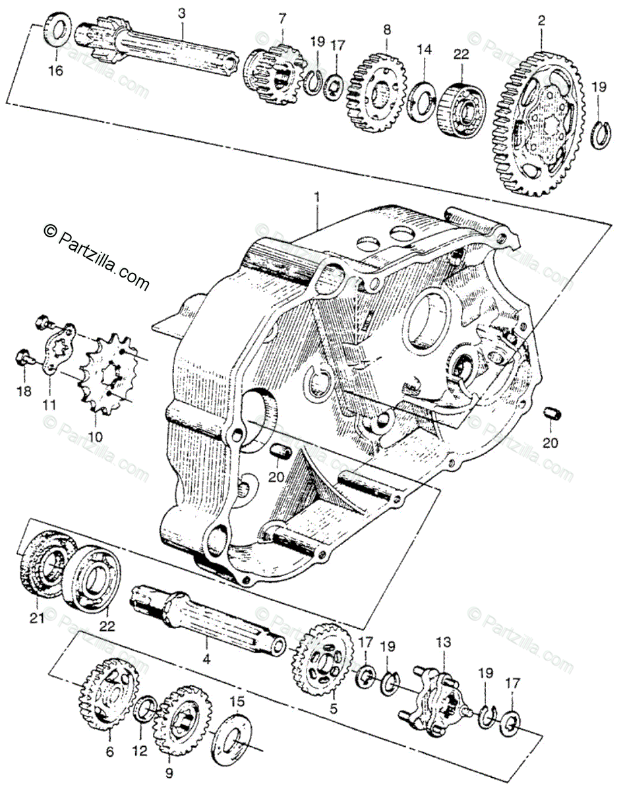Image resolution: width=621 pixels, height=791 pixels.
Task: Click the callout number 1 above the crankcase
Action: coord(318,196)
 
